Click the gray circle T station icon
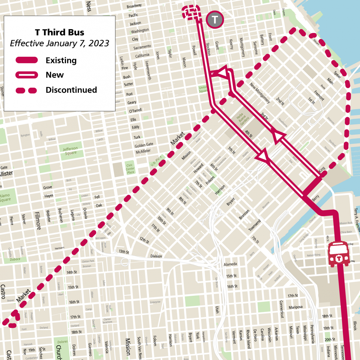215,20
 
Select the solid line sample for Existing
27,60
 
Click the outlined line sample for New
27,75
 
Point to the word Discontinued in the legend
71,90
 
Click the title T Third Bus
59,32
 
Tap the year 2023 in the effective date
98,43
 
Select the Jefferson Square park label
70,151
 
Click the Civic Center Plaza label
130,169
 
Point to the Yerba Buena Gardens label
242,119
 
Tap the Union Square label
203,89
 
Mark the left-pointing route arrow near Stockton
221,73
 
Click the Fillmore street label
38,220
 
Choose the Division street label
156,256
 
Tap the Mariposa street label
295,307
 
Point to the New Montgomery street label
260,93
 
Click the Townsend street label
255,225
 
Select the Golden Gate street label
144,145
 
